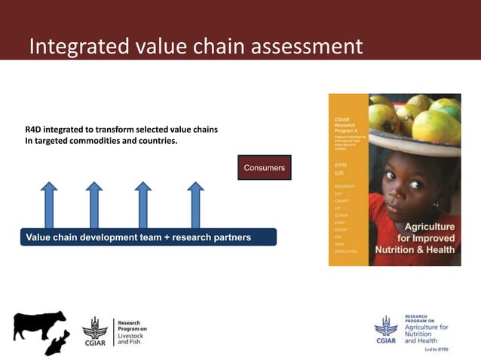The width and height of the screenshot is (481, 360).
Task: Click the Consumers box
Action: [264, 168]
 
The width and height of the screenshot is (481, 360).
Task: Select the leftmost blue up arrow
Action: [50, 204]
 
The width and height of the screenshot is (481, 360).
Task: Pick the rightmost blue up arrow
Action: [195, 204]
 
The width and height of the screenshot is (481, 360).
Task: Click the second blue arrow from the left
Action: [94, 204]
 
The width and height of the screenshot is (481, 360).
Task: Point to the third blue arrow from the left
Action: [143, 204]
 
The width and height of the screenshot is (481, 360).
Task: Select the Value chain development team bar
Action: [148, 238]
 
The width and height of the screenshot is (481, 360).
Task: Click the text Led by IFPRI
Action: [435, 350]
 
